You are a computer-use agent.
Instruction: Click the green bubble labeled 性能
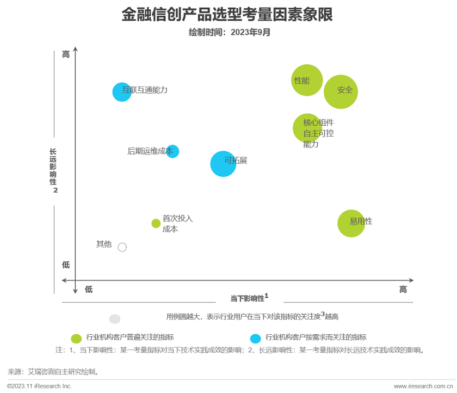pos(307,80)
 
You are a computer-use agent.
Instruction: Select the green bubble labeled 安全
pos(341,91)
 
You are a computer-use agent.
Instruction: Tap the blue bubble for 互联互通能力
pos(122,91)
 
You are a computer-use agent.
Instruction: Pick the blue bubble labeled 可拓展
pos(223,164)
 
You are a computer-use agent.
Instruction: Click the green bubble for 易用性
pos(351,223)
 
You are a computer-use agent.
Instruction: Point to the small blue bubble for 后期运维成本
pos(172,151)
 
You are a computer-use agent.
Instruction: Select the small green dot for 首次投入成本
pos(156,223)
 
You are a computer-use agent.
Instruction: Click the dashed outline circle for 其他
pos(122,247)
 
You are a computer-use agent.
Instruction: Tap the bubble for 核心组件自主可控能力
pos(307,128)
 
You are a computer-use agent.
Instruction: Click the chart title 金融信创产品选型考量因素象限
pos(227,15)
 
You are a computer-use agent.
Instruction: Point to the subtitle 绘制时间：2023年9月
pos(229,32)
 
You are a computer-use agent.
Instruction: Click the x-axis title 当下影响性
pos(247,298)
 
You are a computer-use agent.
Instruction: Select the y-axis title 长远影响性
pos(53,167)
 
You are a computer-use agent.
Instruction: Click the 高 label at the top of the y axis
pos(66,54)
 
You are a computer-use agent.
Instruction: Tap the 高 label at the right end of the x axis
pos(403,290)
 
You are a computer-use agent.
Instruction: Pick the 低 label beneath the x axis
pos(89,290)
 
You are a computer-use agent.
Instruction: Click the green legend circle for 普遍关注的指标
pos(77,338)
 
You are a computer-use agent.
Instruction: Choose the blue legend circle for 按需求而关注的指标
pos(255,338)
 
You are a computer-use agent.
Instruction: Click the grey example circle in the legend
pos(115,319)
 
